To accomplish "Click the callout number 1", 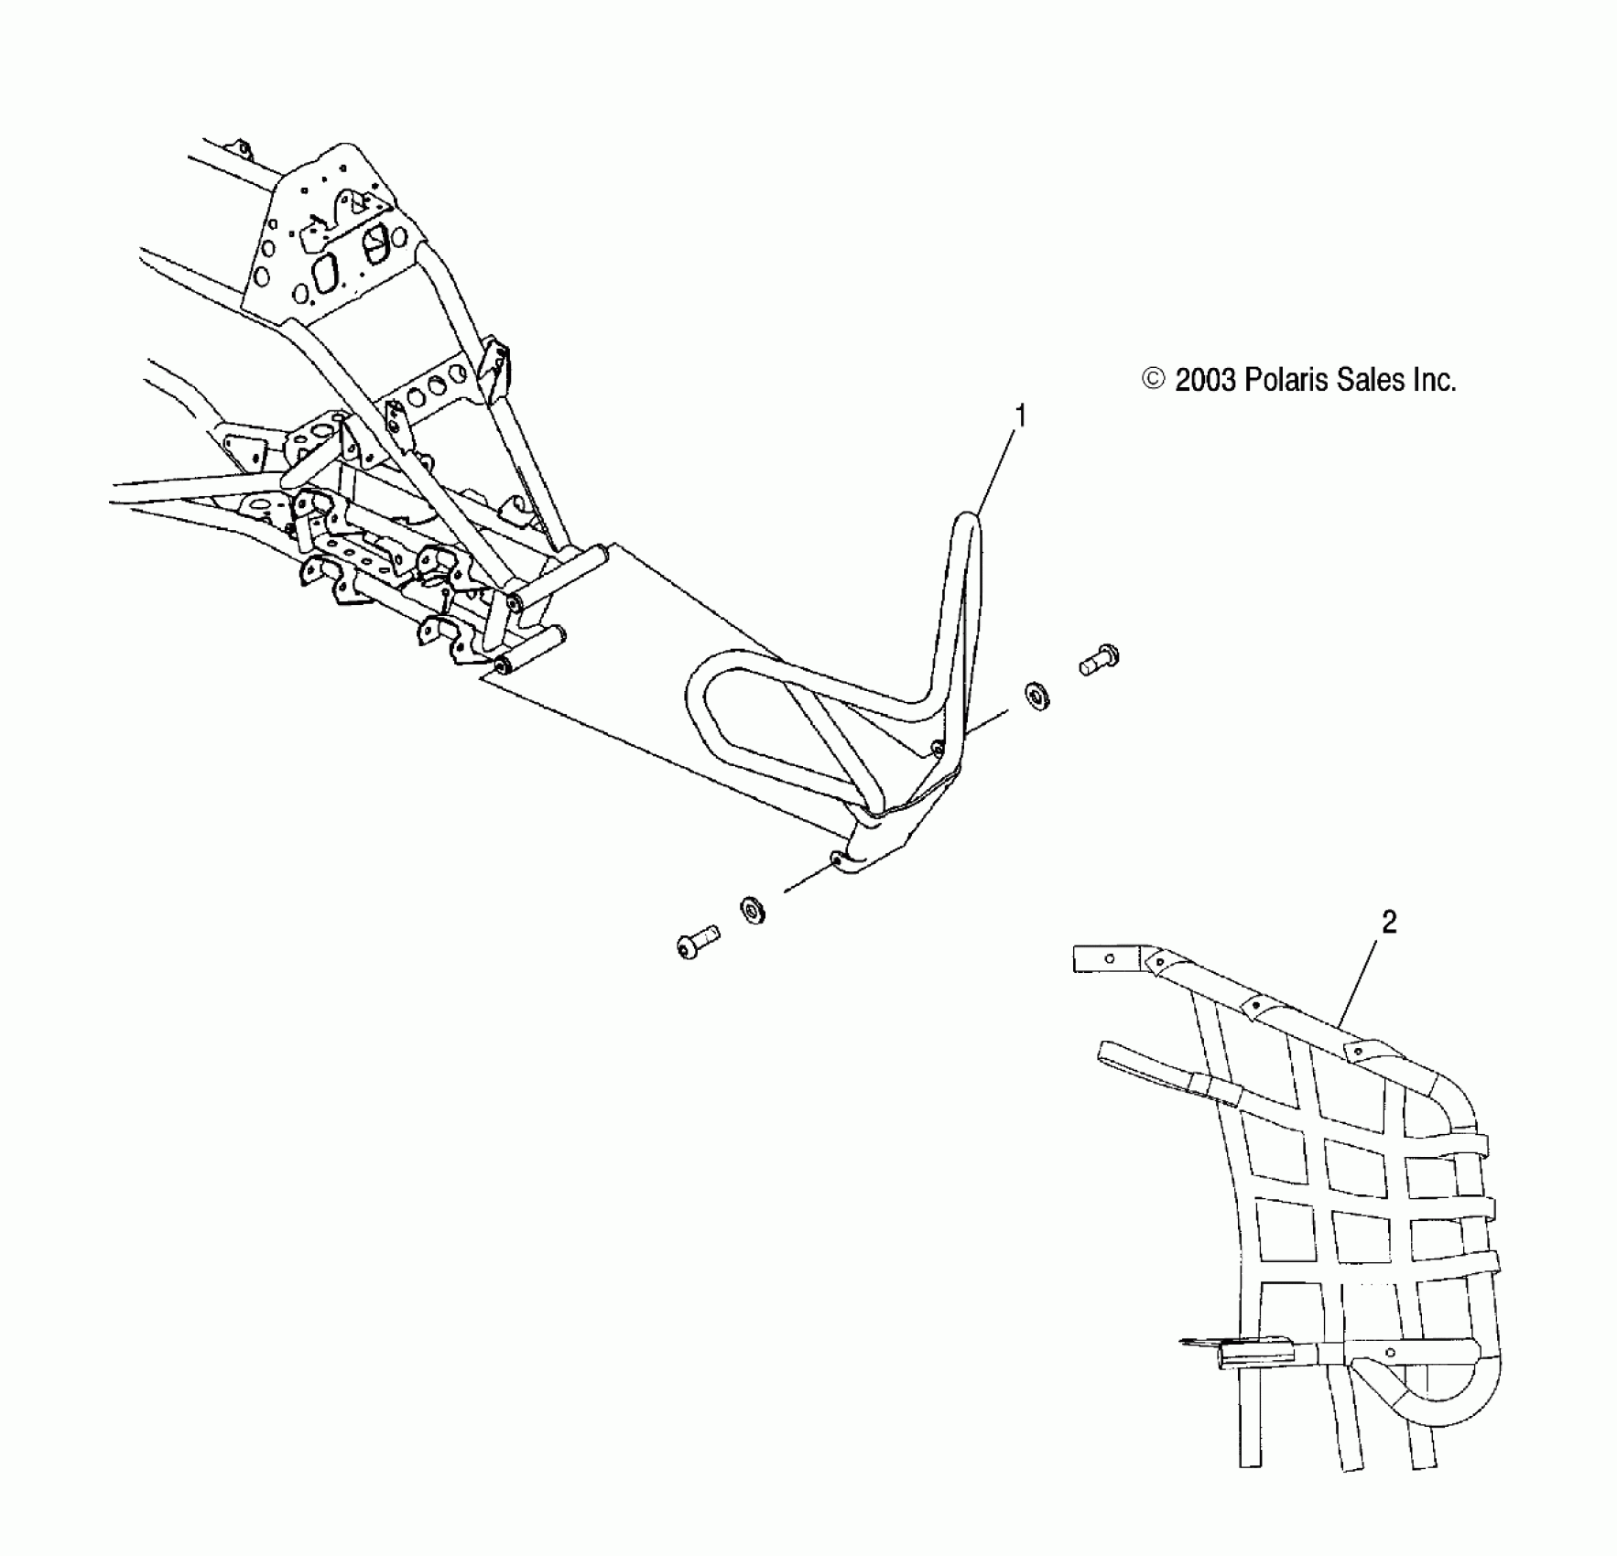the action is tap(1020, 416).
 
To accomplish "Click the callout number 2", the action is tap(1388, 923).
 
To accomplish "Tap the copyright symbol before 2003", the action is tap(1154, 380).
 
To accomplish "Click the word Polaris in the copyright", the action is tap(1284, 380).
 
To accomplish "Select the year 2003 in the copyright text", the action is tap(1206, 380).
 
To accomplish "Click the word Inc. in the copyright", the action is tap(1433, 380).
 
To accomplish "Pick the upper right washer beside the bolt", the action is tap(1038, 695).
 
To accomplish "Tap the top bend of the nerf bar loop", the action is tap(967, 524).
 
